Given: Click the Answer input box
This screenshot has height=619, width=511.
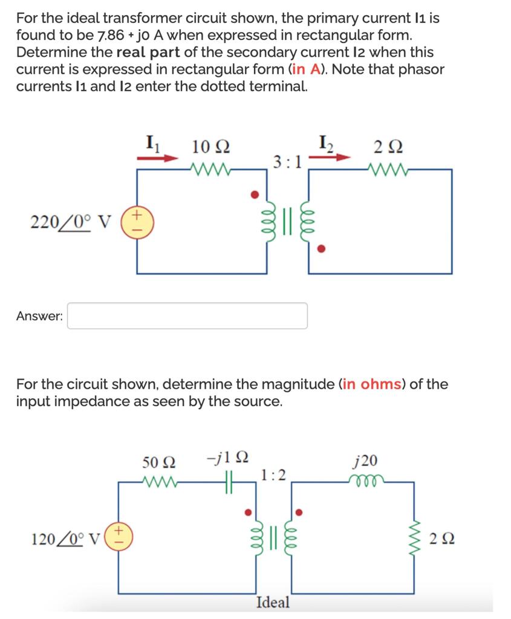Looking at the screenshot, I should click(x=187, y=316).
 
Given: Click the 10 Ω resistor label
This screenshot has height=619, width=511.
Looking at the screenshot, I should click(x=210, y=147).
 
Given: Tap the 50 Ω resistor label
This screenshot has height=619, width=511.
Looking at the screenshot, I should click(x=160, y=462).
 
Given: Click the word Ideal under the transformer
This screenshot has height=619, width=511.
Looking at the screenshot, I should click(x=273, y=603).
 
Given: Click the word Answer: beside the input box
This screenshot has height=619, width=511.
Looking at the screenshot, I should click(x=39, y=316).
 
